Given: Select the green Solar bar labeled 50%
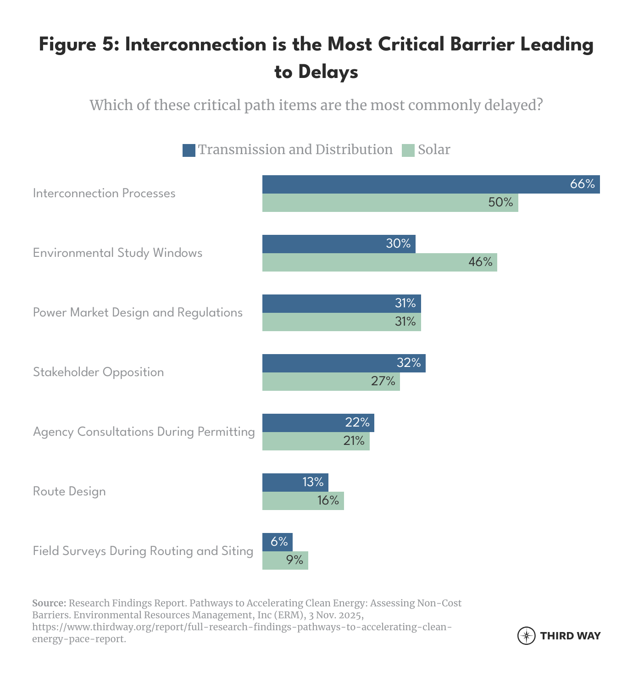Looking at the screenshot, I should click(390, 203).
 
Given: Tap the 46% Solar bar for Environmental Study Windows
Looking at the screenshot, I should click(379, 262).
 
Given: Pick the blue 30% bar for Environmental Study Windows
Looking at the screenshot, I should click(339, 244).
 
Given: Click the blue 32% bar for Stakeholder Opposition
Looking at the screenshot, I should click(344, 363).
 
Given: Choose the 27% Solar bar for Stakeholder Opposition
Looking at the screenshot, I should click(331, 382).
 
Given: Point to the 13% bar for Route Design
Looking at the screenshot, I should click(295, 483).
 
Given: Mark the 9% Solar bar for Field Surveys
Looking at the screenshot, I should click(285, 560).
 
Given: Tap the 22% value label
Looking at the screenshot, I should click(357, 422).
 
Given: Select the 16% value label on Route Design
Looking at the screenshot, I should click(328, 500).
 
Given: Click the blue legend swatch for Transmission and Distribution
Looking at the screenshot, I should click(189, 150).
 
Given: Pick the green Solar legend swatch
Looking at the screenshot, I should click(408, 150).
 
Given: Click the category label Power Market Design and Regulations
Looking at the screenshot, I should click(138, 313).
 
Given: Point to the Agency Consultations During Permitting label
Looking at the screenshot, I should click(144, 432).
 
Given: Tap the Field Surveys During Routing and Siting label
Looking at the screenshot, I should click(143, 551).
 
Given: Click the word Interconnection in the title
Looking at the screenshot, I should click(195, 44).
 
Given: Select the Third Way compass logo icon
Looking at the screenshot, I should click(526, 636).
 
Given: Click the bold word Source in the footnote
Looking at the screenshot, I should click(49, 603).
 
